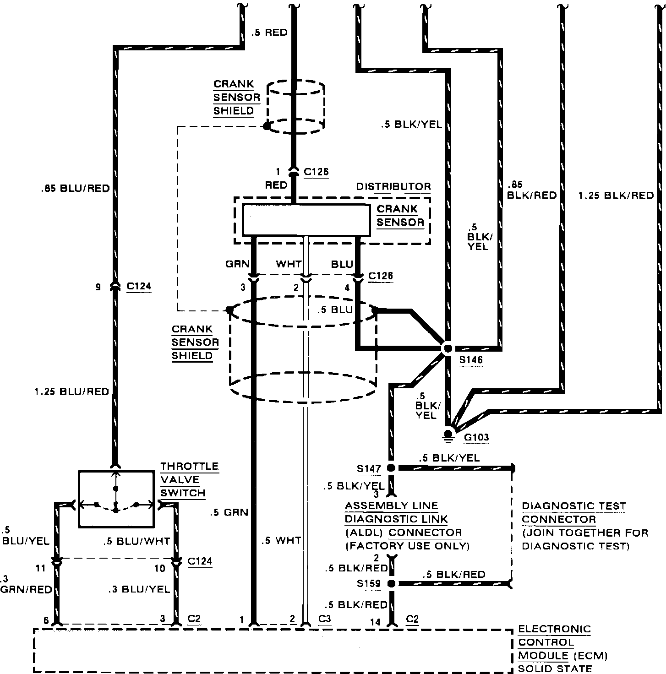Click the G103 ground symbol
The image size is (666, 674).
448,435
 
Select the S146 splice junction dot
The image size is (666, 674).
448,348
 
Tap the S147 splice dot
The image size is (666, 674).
391,468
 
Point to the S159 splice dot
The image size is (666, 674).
392,583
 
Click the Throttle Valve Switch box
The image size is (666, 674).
116,499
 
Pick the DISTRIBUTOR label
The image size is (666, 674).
393,186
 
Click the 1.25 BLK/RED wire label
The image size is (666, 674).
616,195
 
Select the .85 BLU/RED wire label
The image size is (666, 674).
76,189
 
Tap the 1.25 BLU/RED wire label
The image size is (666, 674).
72,391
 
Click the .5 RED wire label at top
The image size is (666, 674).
269,33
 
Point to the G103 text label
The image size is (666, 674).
476,437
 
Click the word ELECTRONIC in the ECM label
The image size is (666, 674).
554,629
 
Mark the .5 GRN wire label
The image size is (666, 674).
229,512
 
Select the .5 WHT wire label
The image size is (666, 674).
281,540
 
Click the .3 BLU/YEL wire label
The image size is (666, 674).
139,589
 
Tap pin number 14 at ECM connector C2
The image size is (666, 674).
375,622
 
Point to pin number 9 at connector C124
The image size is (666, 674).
98,287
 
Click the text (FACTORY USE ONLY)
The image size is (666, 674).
407,546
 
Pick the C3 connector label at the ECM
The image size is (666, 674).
324,619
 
